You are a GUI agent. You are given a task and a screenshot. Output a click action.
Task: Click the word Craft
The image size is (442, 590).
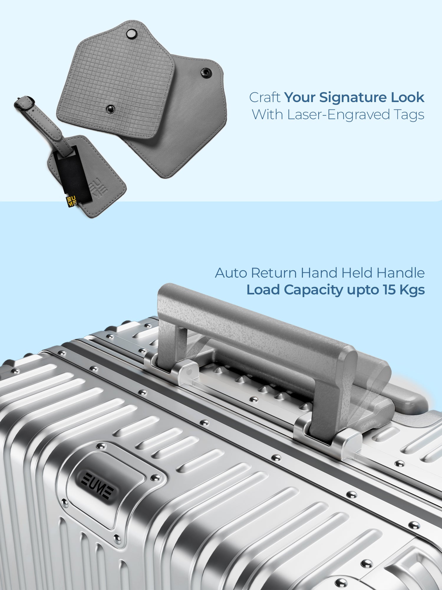[x=265, y=97]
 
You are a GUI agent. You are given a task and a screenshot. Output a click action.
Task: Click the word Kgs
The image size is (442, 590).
[x=412, y=290]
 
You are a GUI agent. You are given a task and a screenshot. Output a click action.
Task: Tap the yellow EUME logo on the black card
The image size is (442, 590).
[x=71, y=201]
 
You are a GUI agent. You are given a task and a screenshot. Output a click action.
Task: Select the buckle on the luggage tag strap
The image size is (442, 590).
[x=24, y=102]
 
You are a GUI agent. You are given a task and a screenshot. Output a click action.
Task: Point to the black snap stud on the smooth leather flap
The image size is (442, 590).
[x=205, y=72]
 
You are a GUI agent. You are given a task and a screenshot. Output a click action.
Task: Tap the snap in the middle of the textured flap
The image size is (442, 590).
[x=110, y=109]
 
